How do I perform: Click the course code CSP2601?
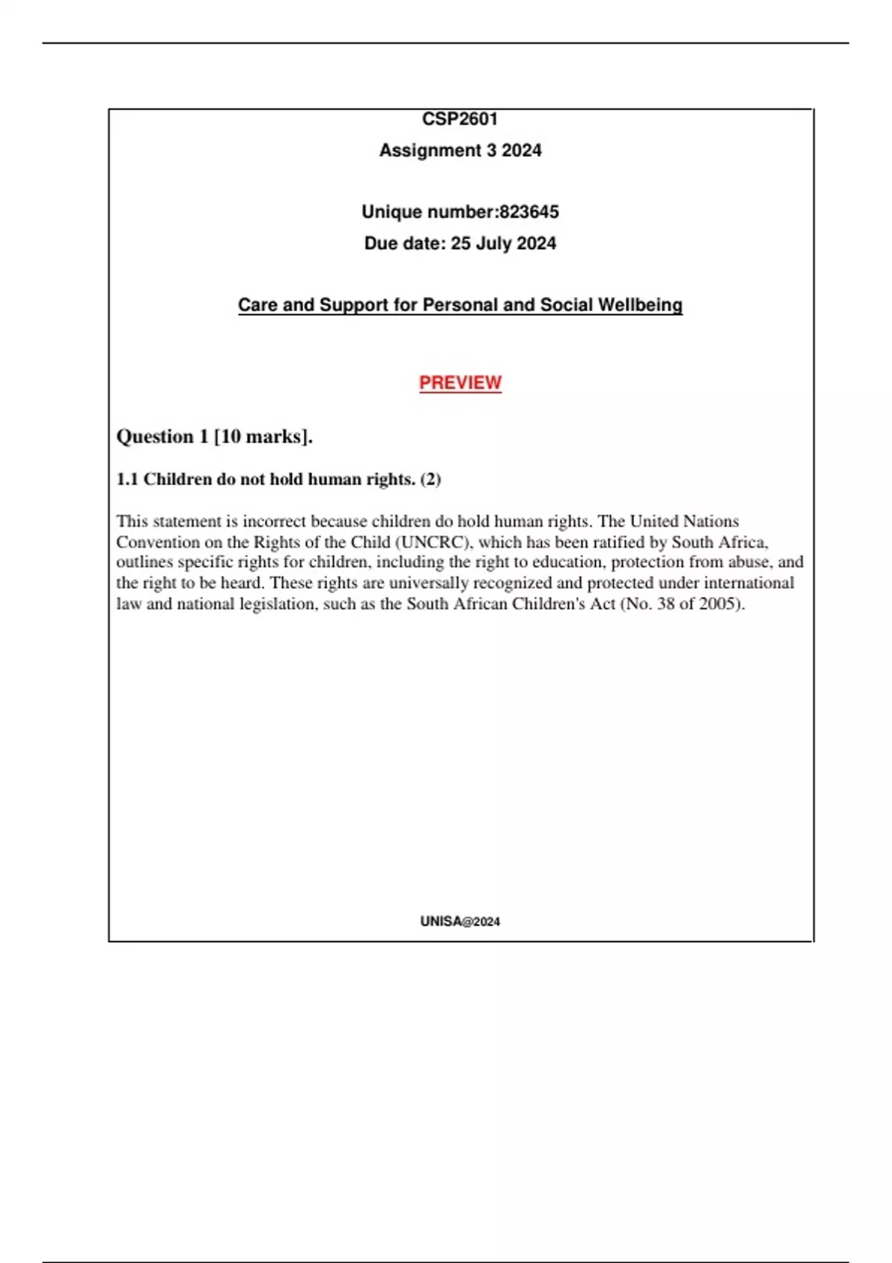459,119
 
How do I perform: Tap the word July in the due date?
494,244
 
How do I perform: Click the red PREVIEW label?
460,383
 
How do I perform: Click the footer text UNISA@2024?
459,921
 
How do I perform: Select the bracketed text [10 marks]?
262,437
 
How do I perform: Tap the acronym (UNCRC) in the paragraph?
433,542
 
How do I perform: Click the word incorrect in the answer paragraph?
274,521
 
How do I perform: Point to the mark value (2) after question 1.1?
430,479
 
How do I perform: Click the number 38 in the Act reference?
666,603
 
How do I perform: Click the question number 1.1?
127,479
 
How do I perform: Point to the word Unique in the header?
388,212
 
